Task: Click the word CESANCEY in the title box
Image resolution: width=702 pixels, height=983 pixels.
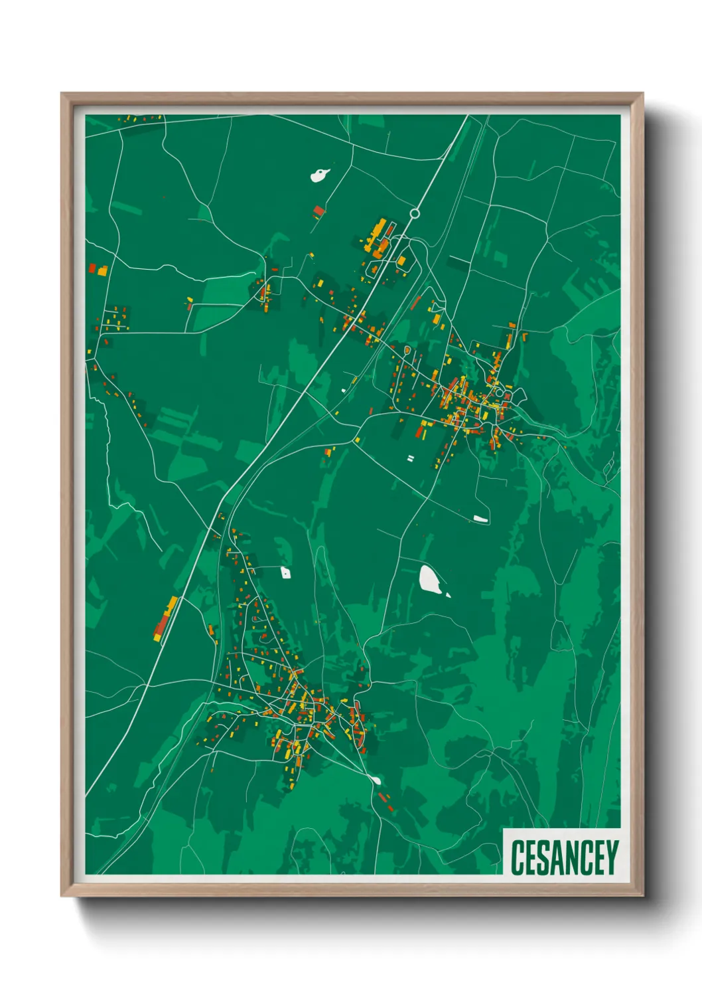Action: pos(564,857)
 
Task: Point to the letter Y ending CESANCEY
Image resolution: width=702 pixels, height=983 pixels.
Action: pos(611,857)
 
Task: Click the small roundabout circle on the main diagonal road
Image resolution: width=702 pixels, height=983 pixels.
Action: pos(415,213)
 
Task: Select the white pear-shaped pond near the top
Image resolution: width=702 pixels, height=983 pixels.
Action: pos(320,175)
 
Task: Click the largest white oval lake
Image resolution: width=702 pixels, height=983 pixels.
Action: pos(430,579)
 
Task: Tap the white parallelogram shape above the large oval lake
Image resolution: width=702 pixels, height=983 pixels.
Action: pos(480,519)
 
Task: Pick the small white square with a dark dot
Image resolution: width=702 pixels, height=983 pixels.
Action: pos(285,572)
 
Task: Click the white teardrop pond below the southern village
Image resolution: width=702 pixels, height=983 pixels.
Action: pos(375,780)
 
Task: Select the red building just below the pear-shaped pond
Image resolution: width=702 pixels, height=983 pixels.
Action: pos(319,211)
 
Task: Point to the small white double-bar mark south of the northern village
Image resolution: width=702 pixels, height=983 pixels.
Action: pos(410,458)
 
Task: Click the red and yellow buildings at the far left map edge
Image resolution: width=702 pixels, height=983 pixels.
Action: pos(98,270)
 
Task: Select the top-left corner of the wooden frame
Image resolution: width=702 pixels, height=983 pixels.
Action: pos(62,94)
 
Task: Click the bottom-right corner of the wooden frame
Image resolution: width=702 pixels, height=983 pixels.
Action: pos(642,896)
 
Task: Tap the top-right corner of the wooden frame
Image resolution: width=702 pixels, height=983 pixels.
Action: pos(642,94)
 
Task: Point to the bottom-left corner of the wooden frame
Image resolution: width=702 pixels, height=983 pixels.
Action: pos(62,896)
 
